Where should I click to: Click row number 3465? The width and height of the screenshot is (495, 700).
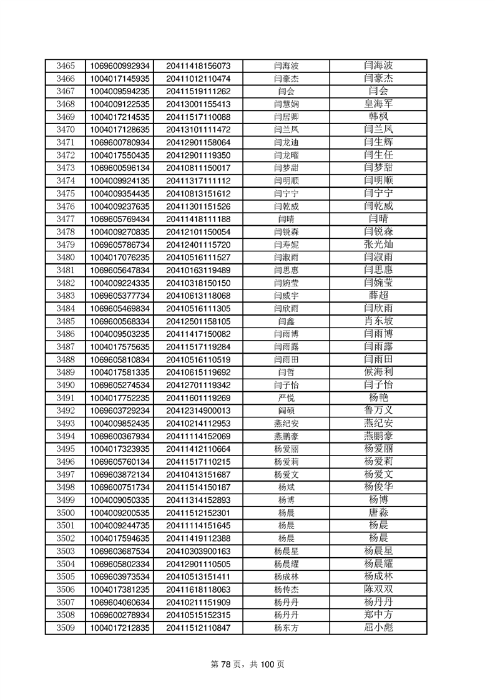pos(65,66)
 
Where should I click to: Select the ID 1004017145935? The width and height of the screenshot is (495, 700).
pos(120,79)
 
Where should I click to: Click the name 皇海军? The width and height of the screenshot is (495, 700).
pos(378,104)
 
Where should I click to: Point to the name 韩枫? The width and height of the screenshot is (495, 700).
pos(378,117)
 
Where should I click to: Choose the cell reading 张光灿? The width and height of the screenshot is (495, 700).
pos(378,244)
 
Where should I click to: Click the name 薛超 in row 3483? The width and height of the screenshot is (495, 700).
pos(378,295)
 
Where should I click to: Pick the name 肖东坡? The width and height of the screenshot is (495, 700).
pos(378,321)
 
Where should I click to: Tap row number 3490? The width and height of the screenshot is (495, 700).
pos(65,385)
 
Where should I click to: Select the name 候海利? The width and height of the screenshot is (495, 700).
pos(378,372)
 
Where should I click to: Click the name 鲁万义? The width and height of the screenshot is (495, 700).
pos(378,411)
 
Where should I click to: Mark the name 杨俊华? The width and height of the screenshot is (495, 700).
pos(378,487)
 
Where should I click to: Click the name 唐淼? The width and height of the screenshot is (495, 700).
pos(378,513)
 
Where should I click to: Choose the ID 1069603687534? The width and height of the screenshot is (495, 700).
pos(120,551)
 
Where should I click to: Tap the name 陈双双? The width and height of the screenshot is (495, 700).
pos(378,590)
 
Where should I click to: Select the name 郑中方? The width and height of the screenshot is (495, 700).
pos(378,615)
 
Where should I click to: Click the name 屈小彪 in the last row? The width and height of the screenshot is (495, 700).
pos(378,628)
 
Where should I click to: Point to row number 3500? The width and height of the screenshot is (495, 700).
pos(65,513)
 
